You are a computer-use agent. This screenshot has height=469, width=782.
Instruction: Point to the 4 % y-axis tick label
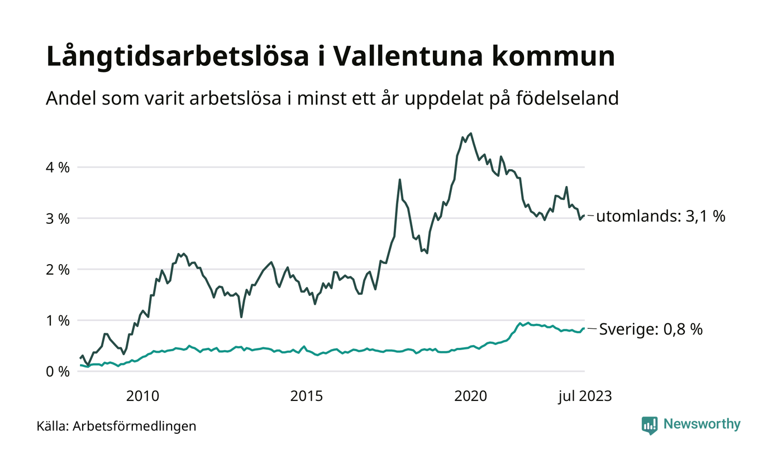[58, 167]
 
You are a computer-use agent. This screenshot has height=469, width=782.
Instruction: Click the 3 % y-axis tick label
[58, 218]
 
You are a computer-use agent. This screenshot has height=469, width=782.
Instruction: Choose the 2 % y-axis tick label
[58, 269]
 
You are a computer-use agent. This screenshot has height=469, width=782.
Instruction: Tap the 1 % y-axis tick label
[58, 320]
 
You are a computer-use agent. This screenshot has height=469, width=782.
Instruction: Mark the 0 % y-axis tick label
[58, 371]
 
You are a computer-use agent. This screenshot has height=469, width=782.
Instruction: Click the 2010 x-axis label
[142, 396]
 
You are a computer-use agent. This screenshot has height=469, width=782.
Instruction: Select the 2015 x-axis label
[307, 396]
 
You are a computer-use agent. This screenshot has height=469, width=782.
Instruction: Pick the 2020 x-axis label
[471, 396]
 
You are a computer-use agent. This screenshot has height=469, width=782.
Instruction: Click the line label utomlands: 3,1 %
[661, 217]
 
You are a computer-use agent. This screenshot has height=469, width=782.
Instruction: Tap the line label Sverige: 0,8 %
[651, 329]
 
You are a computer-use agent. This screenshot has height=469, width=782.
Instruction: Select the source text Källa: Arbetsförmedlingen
[116, 427]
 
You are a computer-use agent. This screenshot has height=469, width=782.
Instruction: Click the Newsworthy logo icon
[650, 425]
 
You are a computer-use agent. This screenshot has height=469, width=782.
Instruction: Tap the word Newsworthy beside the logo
[702, 424]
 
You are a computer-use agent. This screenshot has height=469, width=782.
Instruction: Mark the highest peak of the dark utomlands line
[471, 133]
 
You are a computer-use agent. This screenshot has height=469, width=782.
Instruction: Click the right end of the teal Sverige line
[584, 328]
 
